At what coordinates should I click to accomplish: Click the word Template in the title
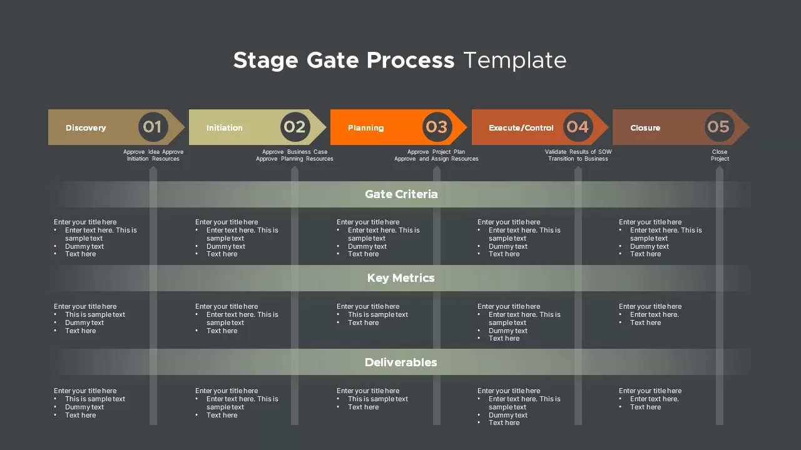pyautogui.click(x=514, y=60)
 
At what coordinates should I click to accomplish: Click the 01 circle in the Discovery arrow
pyautogui.click(x=153, y=127)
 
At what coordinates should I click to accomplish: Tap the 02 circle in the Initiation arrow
pyautogui.click(x=295, y=127)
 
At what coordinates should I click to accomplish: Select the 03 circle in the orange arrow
pyautogui.click(x=436, y=127)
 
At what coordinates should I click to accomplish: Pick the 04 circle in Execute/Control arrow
pyautogui.click(x=578, y=127)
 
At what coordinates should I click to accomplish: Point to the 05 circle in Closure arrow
pyautogui.click(x=718, y=127)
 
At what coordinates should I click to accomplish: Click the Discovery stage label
pyautogui.click(x=86, y=127)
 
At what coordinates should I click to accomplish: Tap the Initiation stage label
pyautogui.click(x=224, y=127)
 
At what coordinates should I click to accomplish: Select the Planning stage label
pyautogui.click(x=365, y=127)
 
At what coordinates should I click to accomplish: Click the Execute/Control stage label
pyautogui.click(x=521, y=127)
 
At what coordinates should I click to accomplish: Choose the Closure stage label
pyautogui.click(x=645, y=127)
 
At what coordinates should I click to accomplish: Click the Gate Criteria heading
pyautogui.click(x=401, y=194)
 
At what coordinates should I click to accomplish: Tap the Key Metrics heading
pyautogui.click(x=400, y=278)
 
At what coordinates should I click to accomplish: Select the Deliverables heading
pyautogui.click(x=400, y=362)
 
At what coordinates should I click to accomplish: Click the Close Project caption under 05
pyautogui.click(x=720, y=155)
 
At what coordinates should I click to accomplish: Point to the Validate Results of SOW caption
pyautogui.click(x=578, y=152)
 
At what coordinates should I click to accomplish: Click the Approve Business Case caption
pyautogui.click(x=295, y=152)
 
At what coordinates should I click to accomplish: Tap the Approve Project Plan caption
pyautogui.click(x=436, y=152)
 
